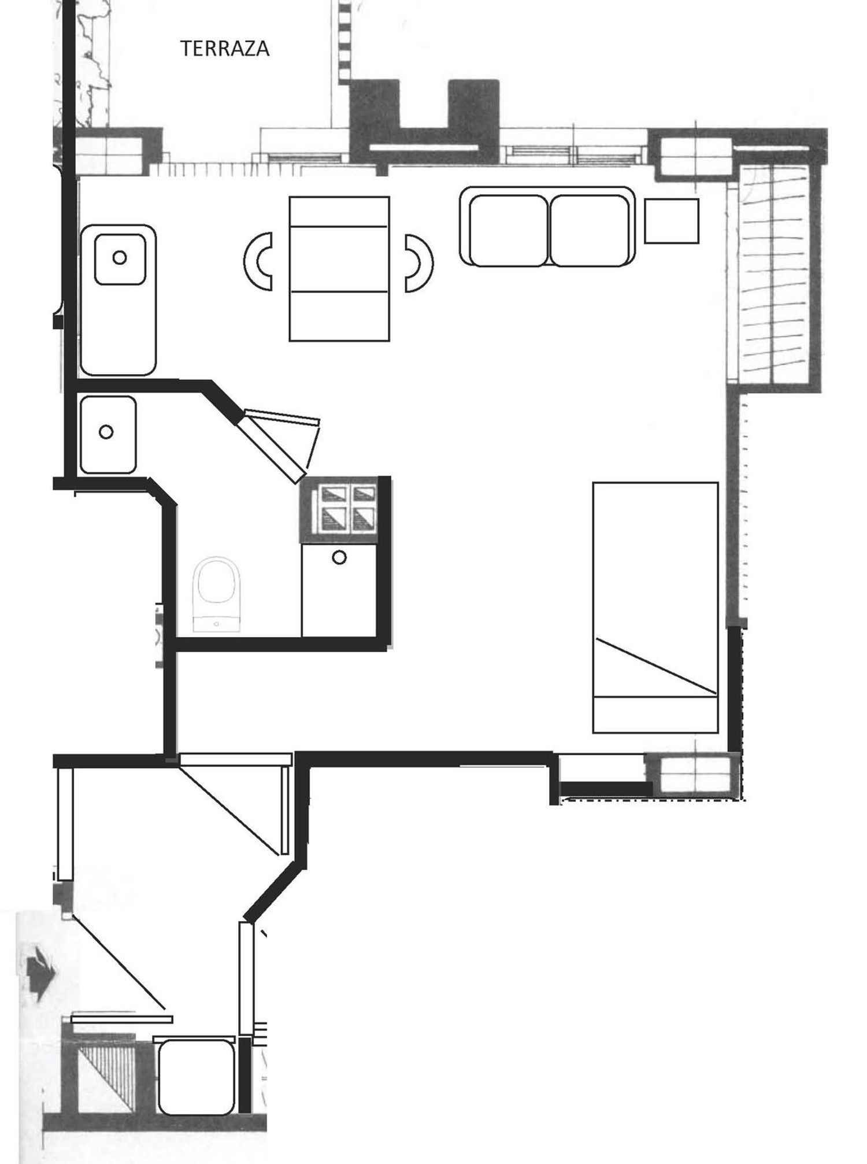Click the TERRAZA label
pos(225,49)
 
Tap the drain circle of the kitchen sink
pos(120,257)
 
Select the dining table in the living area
pos(339,268)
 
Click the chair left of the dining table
pos(258,261)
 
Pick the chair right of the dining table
pos(418,263)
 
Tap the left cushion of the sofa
pos(509,230)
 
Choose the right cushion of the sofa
pos(589,230)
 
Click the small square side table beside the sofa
pos(672,220)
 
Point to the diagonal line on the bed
pos(657,666)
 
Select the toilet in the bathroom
pos(217,594)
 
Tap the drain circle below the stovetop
pos(340,557)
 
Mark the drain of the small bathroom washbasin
pos(106,431)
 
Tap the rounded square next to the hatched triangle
pos(196,1076)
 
